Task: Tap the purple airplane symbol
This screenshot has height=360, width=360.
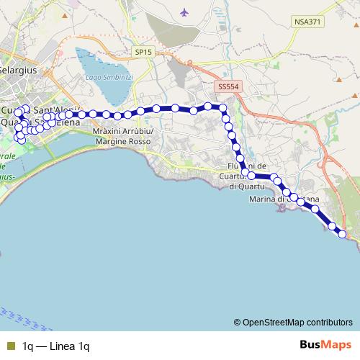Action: coord(186,12)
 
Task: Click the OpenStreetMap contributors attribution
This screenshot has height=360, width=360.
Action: coord(297,323)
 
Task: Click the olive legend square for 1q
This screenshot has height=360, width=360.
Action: coord(10,346)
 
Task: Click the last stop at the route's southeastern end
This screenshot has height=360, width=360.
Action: coord(341,234)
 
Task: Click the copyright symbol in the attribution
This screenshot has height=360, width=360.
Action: coord(238,323)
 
